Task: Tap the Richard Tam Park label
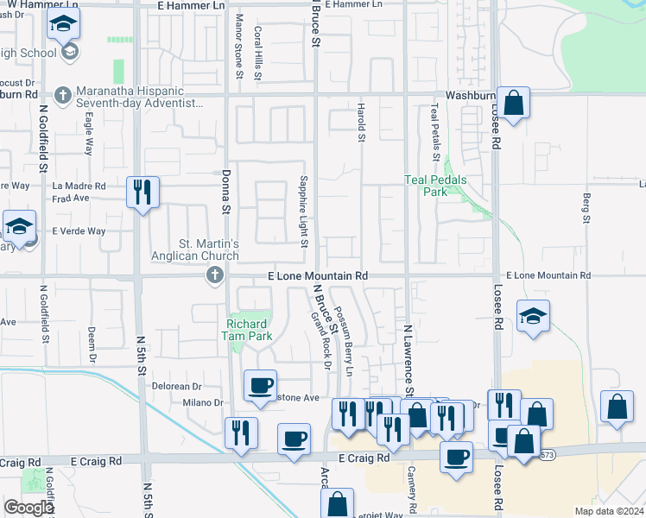(248, 329)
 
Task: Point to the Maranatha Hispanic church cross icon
(62, 94)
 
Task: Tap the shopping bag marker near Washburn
(513, 104)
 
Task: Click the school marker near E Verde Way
(19, 227)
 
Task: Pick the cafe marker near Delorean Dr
(260, 386)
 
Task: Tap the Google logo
(28, 508)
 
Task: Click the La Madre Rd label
(79, 186)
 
